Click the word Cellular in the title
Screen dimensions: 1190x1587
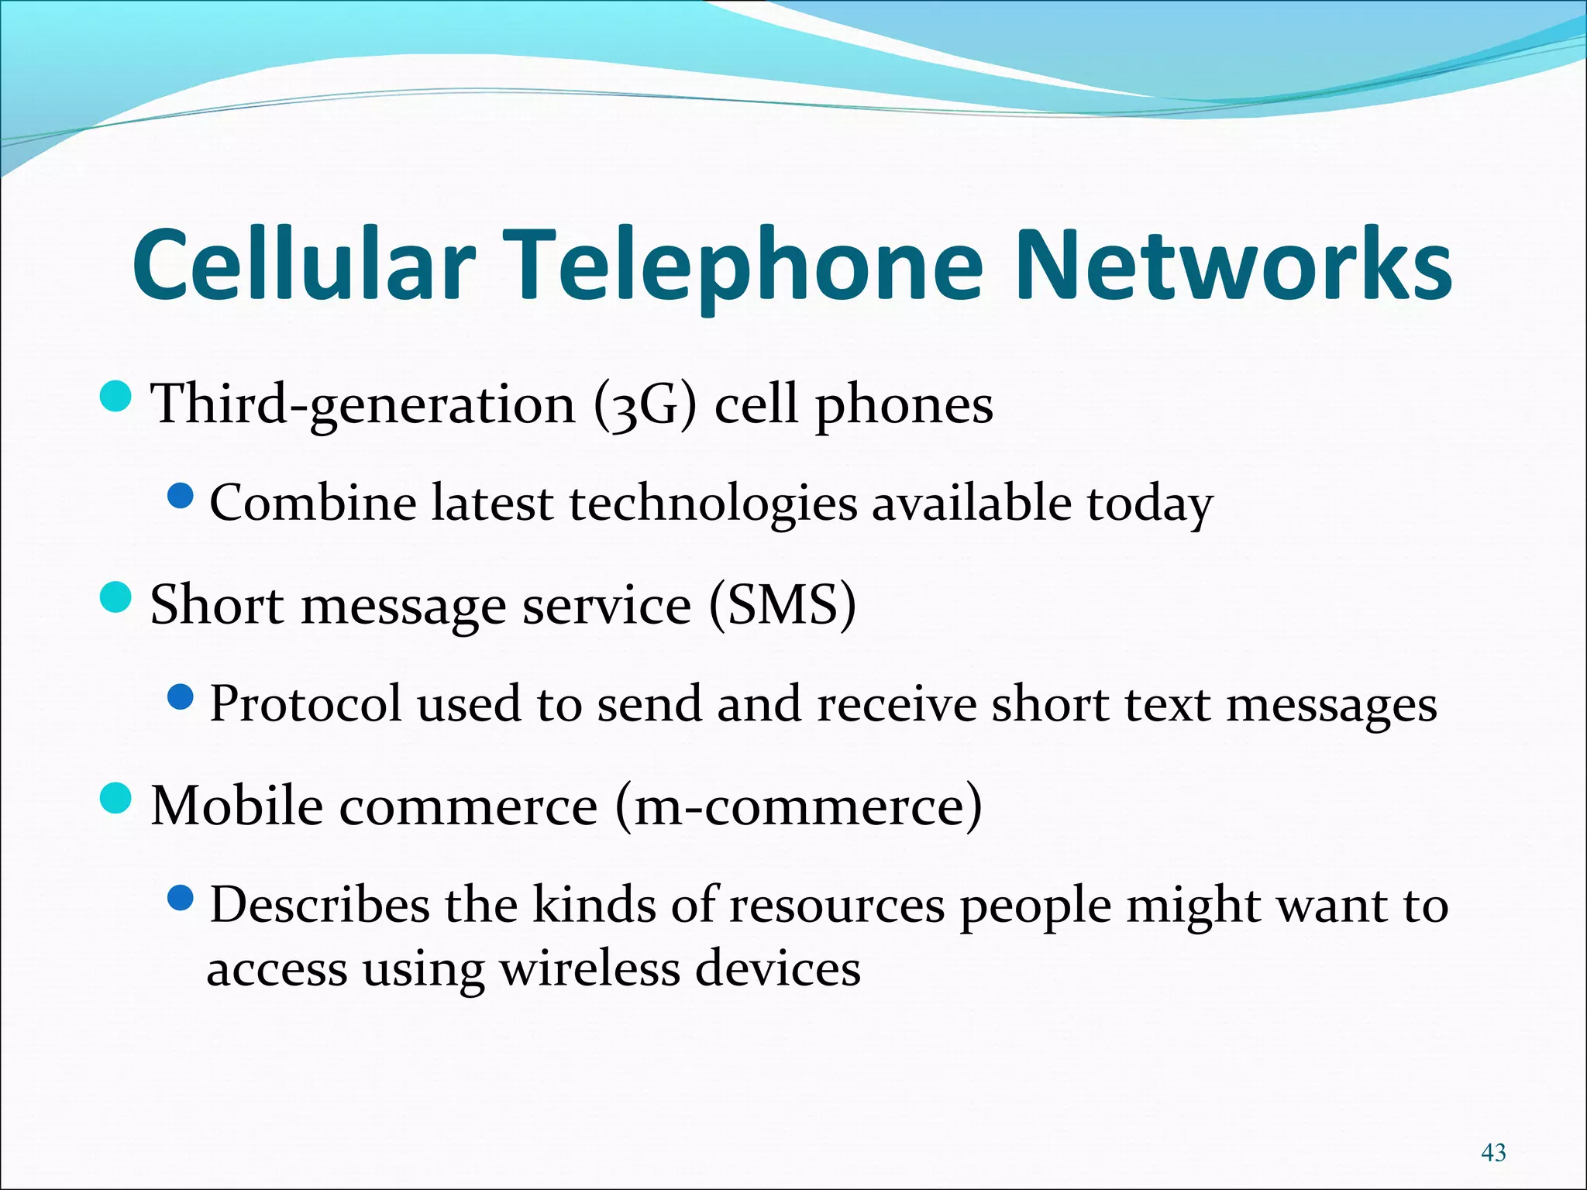[x=303, y=265]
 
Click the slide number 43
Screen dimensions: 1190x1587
[x=1493, y=1152]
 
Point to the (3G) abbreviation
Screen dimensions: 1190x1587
[x=645, y=404]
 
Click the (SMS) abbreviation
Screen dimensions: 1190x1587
[x=783, y=604]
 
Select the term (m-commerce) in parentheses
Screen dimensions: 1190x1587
[x=799, y=806]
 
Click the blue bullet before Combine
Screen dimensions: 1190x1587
[x=181, y=497]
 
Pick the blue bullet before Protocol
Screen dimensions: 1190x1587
[x=181, y=697]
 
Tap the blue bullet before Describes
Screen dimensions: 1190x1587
[x=181, y=898]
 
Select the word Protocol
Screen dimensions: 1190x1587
[x=305, y=704]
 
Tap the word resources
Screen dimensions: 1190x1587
[x=837, y=906]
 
